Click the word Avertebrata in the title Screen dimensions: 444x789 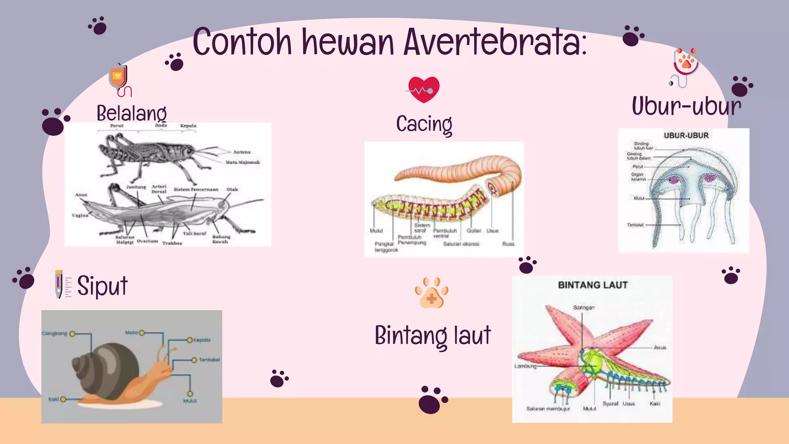pos(495,42)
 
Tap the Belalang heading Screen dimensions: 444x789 pos(131,113)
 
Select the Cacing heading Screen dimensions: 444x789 pos(424,124)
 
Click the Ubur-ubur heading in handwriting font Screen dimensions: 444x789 pos(686,106)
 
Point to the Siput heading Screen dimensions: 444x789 pos(102,286)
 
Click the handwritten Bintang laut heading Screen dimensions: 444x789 pos(433,335)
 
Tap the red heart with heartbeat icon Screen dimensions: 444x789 pos(423,90)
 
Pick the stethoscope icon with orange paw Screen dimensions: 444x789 pos(685,66)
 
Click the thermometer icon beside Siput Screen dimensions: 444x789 pos(59,284)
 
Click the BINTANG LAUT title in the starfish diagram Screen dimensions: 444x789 pos(593,285)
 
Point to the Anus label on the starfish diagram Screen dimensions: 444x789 pos(660,348)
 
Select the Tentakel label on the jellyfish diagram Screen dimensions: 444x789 pos(635,225)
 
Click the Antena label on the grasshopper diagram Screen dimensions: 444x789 pos(242,152)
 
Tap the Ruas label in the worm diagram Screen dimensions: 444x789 pos(508,244)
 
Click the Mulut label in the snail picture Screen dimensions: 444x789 pos(190,401)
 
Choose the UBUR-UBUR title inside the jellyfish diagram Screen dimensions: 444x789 pos(686,136)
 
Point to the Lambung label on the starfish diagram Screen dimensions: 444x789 pos(525,366)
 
